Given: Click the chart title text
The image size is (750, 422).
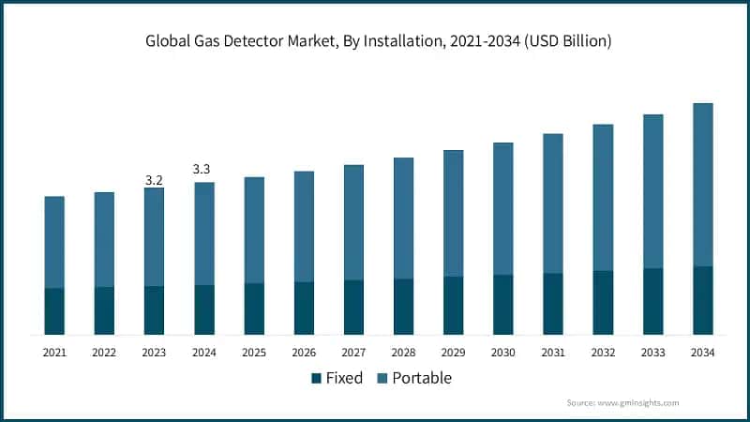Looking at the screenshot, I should pos(375,42).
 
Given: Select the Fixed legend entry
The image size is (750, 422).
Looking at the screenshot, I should pos(343,378).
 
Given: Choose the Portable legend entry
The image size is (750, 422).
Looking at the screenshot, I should pos(421,378).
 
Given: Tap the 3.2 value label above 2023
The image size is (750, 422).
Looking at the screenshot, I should pos(154,179).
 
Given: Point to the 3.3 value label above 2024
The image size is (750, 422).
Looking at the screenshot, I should pos(202,169).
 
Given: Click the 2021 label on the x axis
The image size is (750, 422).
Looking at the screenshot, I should pos(54,353).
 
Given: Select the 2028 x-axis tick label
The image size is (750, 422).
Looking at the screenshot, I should pos(403,353).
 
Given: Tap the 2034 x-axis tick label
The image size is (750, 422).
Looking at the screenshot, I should pos(702,353).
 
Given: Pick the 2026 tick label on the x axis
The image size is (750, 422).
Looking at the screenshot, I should pos(304,353).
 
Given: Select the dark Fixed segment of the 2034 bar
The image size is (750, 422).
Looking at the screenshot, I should pos(702,300).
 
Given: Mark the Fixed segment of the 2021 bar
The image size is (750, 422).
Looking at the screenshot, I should pos(54,311).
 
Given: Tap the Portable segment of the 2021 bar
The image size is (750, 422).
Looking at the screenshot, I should pos(54,242).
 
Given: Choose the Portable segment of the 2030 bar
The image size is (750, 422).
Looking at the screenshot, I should pos(503,208).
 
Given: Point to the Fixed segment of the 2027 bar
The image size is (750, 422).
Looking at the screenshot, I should pos(353,307).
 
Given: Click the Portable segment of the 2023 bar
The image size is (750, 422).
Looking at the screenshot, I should pos(154,236).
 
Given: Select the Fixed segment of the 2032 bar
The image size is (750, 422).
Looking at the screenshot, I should pos(603,303).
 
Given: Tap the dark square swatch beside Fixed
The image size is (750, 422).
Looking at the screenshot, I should pos(316,379).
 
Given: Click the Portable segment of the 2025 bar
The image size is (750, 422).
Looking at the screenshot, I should pos(254,230).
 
